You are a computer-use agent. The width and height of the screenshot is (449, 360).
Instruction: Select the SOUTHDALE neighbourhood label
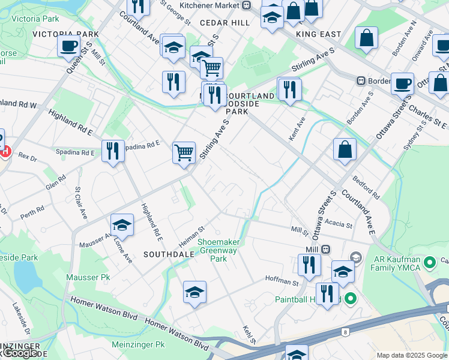click(x=169, y=254)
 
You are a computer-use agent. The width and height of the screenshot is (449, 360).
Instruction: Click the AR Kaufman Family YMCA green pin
click(x=429, y=262)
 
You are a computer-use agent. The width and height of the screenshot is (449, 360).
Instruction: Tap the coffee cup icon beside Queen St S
click(x=69, y=45)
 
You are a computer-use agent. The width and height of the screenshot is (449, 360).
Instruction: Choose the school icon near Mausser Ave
click(x=122, y=225)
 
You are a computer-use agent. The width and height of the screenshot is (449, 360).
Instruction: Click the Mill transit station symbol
click(x=325, y=249)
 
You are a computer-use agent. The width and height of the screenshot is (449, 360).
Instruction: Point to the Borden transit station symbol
click(x=361, y=80)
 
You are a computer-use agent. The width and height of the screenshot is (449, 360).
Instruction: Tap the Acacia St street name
click(x=340, y=224)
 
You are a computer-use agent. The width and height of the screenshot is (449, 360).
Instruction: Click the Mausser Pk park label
click(x=97, y=278)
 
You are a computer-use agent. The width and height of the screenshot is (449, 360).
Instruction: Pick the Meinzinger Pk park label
click(x=137, y=345)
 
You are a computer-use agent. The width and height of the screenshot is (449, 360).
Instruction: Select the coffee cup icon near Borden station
click(x=402, y=83)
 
